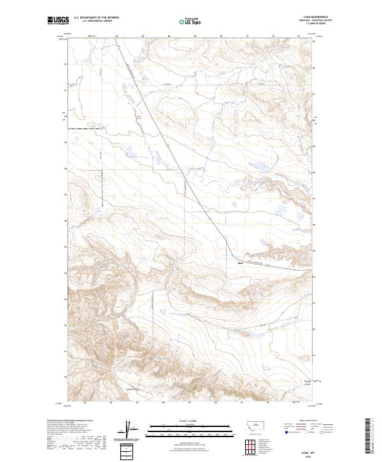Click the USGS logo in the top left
[58, 21]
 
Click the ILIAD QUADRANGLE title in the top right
[306, 18]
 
